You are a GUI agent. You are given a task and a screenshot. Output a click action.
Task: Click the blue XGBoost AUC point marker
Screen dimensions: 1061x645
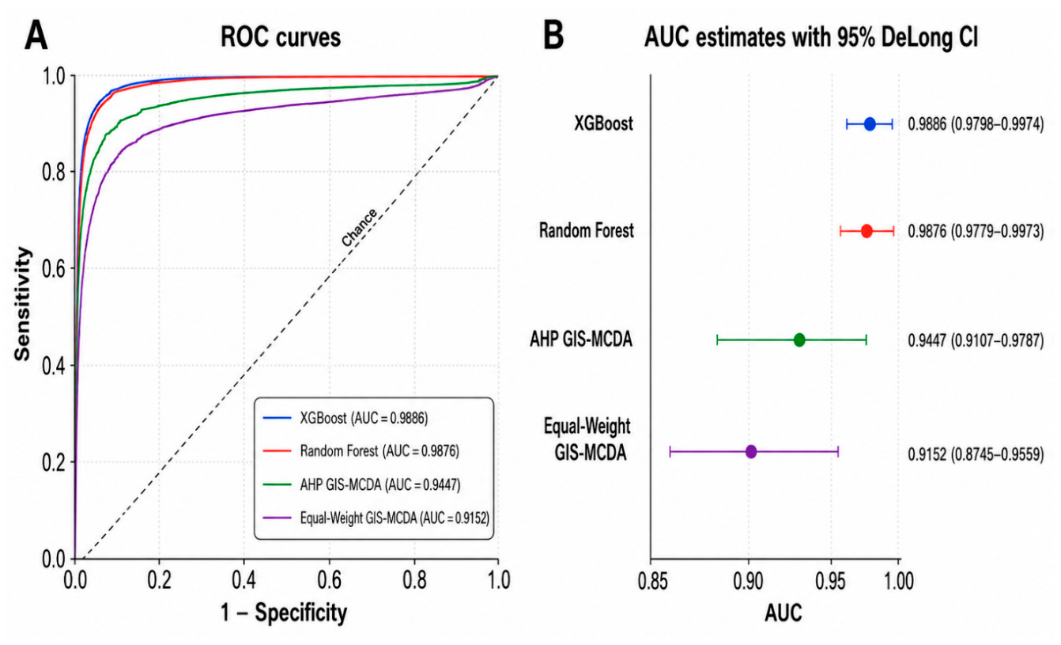pos(870,124)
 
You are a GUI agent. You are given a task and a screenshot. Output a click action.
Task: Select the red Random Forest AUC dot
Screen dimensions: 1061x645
pos(867,231)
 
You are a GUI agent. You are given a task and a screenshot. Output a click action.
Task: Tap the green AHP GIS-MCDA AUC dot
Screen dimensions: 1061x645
pos(799,340)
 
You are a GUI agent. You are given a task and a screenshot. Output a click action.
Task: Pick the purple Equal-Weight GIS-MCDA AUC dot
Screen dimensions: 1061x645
pos(751,451)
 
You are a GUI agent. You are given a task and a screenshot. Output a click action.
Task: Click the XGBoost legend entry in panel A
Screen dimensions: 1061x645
pos(345,419)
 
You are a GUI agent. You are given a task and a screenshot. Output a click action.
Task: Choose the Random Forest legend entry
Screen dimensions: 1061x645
pos(361,451)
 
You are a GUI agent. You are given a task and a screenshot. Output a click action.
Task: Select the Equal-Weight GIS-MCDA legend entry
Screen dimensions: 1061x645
pos(376,518)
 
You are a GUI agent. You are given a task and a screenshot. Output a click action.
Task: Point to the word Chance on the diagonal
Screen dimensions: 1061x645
pos(360,227)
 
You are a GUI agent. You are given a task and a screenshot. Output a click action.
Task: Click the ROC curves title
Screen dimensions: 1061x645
pos(281,37)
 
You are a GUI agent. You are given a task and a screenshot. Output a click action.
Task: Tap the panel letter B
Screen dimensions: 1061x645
pos(553,36)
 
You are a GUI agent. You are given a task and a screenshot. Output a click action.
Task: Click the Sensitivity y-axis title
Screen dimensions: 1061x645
pos(22,304)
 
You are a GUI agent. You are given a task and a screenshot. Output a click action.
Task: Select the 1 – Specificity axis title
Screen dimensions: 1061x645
pos(284,613)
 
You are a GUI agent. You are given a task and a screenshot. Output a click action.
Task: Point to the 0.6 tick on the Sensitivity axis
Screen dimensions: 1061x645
pos(54,268)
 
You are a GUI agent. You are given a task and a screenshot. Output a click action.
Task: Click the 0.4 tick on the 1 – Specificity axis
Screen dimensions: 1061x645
pos(244,581)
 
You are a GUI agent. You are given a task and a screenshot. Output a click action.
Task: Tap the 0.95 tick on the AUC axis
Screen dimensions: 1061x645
pos(830,582)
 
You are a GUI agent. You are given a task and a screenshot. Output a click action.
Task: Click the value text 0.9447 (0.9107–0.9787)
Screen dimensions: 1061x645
pos(976,340)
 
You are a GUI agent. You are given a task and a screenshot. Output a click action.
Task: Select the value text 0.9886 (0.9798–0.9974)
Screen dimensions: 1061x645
pos(976,124)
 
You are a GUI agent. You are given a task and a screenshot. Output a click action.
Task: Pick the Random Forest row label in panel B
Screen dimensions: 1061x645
pos(587,230)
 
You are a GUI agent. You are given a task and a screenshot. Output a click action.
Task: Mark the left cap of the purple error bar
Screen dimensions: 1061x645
pos(670,451)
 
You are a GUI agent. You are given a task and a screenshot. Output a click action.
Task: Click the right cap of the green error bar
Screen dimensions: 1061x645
pos(867,340)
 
